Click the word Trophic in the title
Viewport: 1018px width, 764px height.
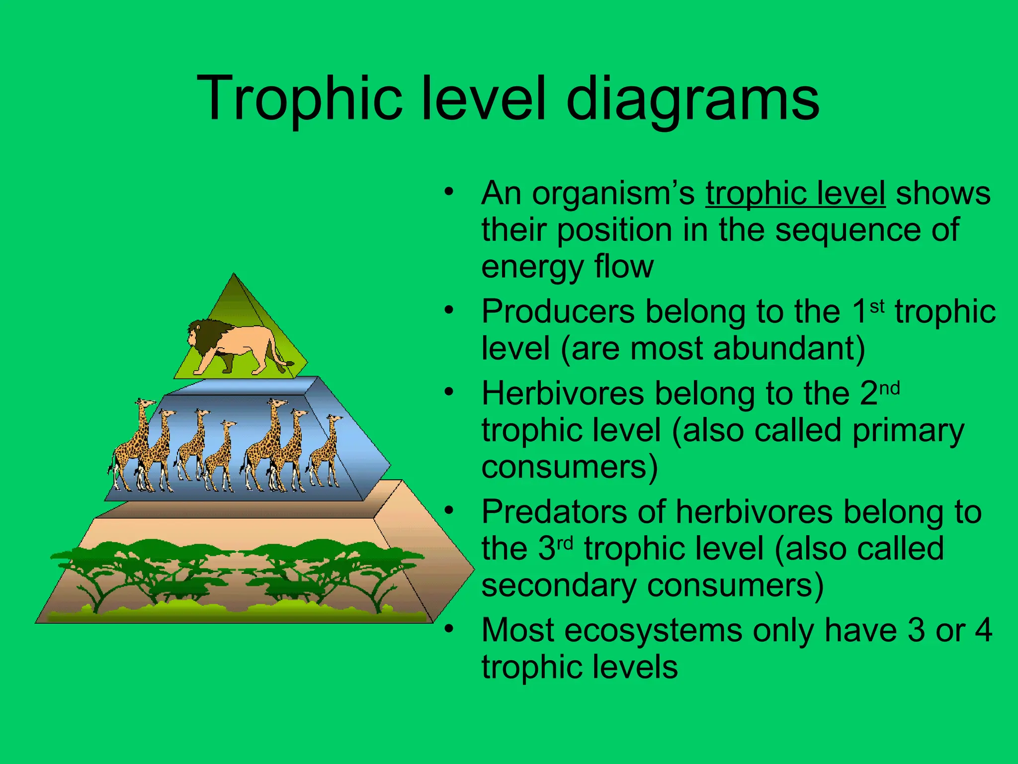coord(298,98)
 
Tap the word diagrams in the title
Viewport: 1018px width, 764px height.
coord(692,98)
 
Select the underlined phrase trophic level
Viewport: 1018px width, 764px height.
coord(795,193)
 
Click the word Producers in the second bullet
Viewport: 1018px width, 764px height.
coord(558,312)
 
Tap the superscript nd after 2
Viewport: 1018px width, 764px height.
coord(890,387)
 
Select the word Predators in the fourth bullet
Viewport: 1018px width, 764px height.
coord(554,512)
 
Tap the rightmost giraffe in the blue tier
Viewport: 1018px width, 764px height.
coord(326,450)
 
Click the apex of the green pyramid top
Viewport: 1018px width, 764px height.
coord(234,275)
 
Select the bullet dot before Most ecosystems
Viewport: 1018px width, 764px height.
coord(449,629)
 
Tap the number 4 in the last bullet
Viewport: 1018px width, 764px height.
coord(983,630)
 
